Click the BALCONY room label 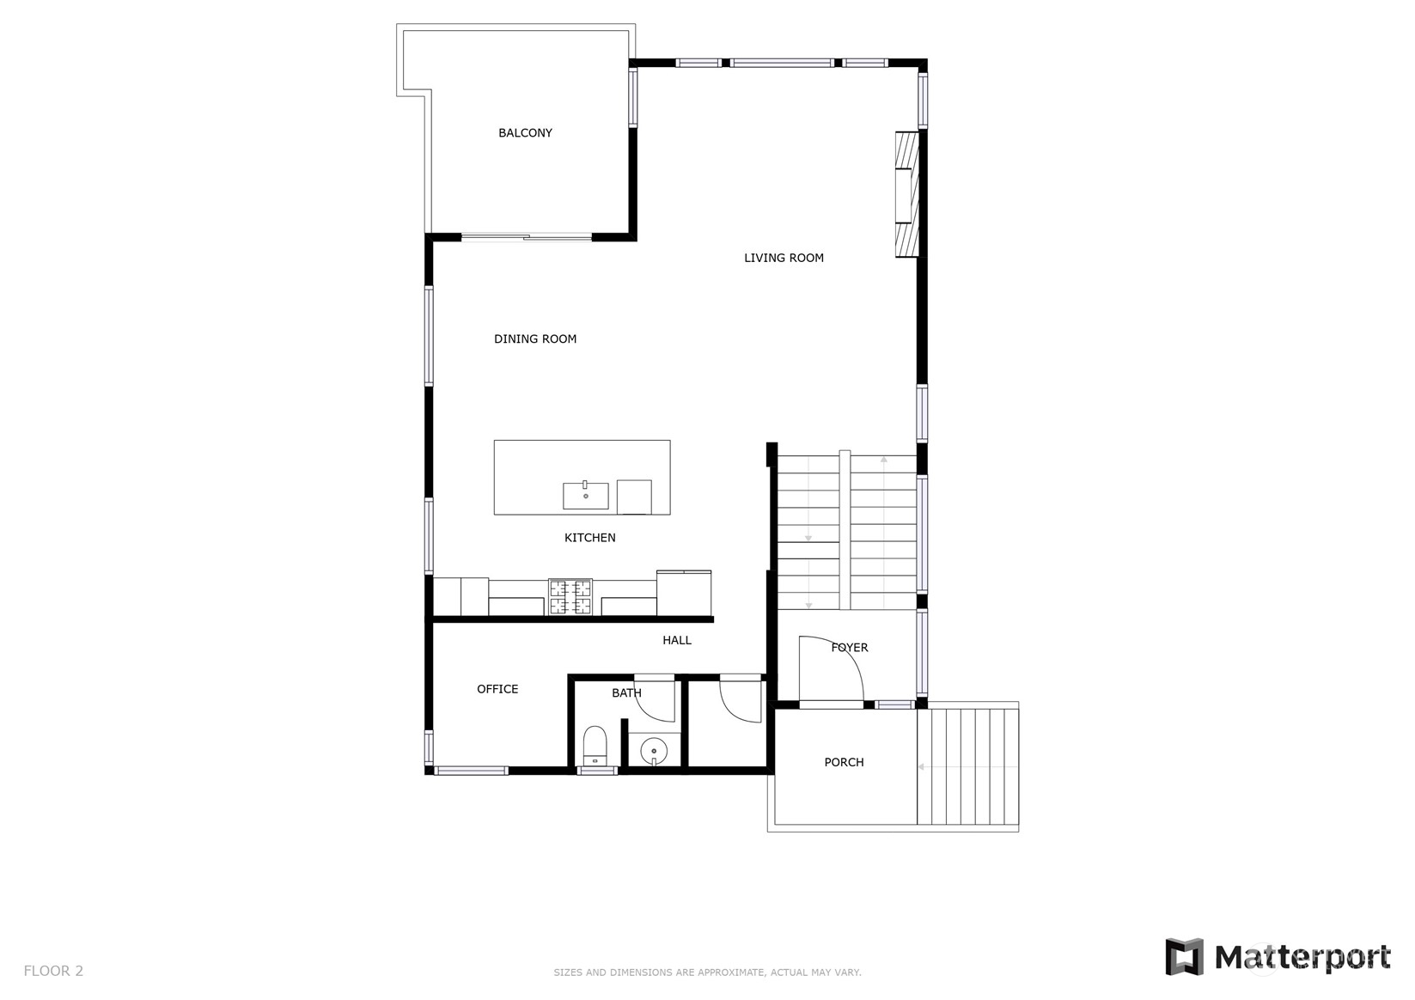pos(525,133)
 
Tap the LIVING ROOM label pos(784,258)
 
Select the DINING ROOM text pos(534,339)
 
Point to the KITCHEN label pos(589,538)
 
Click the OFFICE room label pos(497,689)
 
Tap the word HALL pos(676,640)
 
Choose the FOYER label pos(849,648)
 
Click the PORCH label pos(844,762)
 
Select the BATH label pos(626,693)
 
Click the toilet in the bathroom pos(595,745)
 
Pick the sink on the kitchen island pos(586,496)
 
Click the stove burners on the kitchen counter pos(570,597)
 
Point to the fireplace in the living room pos(906,194)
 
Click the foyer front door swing pos(830,670)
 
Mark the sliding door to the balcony pos(526,236)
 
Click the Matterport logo pos(1278,956)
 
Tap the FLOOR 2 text pos(53,971)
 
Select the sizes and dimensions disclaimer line pos(707,973)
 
